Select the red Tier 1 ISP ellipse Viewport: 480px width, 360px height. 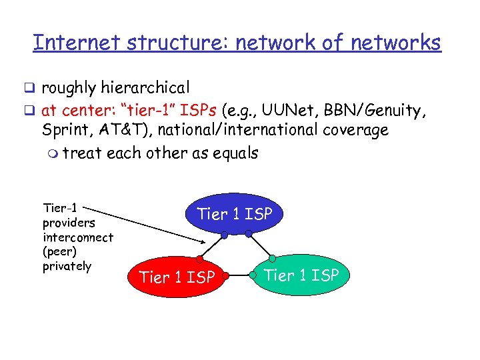pyautogui.click(x=176, y=276)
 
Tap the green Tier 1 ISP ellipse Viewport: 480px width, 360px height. pyautogui.click(x=301, y=274)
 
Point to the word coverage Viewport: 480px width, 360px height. pyautogui.click(x=355, y=130)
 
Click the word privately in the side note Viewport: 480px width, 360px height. pyautogui.click(x=67, y=266)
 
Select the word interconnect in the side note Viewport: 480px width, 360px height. pyautogui.click(x=77, y=237)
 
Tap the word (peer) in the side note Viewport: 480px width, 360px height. pyautogui.click(x=60, y=252)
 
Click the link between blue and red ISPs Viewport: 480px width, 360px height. pyautogui.click(x=212, y=246)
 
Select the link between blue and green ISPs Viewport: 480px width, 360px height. pyautogui.click(x=260, y=245)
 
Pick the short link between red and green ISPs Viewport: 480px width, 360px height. pyautogui.click(x=240, y=274)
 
